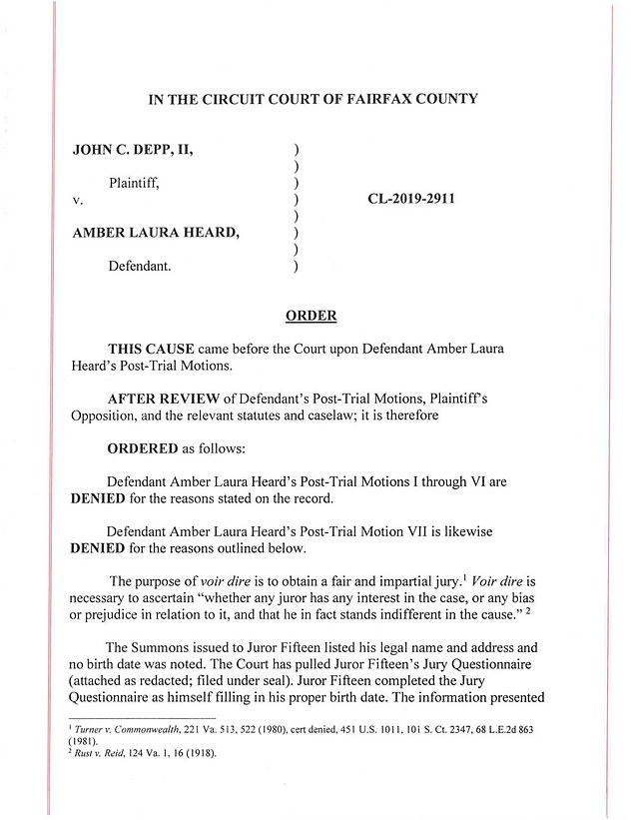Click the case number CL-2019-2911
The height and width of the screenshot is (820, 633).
point(411,198)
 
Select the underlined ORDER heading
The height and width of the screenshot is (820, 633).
point(312,316)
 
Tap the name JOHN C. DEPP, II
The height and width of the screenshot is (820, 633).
point(133,150)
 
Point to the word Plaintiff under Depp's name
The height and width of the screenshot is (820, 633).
point(134,183)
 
